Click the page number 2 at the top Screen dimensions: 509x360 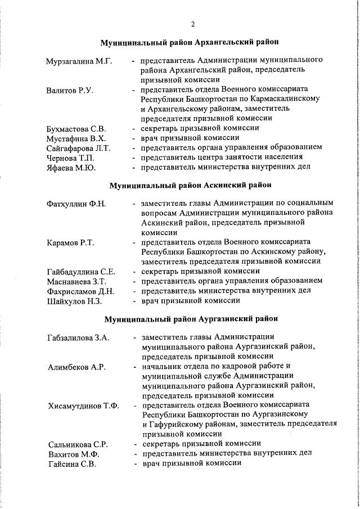pyautogui.click(x=192, y=24)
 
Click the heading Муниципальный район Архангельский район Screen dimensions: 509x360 pyautogui.click(x=190, y=43)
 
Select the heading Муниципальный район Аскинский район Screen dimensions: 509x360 pyautogui.click(x=190, y=184)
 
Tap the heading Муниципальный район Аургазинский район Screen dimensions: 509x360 pyautogui.click(x=191, y=319)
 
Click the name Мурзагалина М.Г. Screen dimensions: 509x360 pyautogui.click(x=79, y=60)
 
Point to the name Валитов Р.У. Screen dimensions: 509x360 pyautogui.click(x=70, y=90)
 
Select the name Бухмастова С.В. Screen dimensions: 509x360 pyautogui.click(x=76, y=129)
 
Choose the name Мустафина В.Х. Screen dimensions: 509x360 pyautogui.click(x=74, y=138)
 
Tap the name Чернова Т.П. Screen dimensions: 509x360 pyautogui.click(x=71, y=157)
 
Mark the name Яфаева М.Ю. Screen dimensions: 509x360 pyautogui.click(x=71, y=167)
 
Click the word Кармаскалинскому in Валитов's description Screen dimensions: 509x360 pyautogui.click(x=287, y=99)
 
